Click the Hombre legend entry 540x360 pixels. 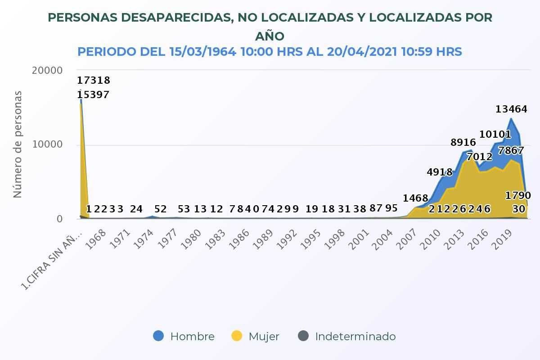(x=184, y=336)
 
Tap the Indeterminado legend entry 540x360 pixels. (x=347, y=336)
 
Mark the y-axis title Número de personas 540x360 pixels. (x=18, y=144)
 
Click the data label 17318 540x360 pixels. (x=94, y=81)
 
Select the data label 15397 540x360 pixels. (x=93, y=95)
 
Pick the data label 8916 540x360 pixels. (x=463, y=143)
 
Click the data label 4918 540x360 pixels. (x=439, y=172)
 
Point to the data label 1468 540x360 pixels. (x=415, y=198)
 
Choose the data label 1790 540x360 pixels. (x=518, y=196)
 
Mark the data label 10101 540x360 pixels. (x=495, y=134)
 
